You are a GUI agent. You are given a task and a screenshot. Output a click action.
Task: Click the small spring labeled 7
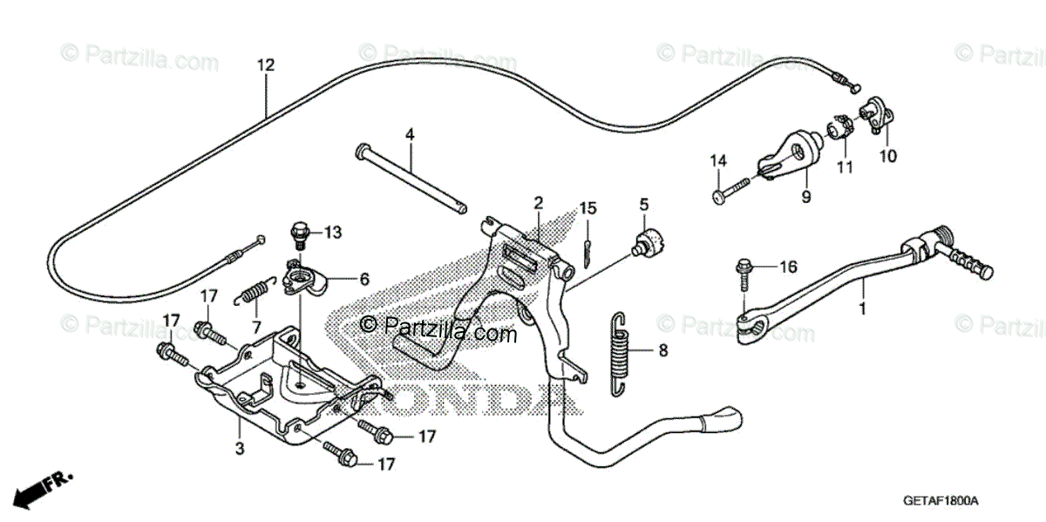coord(253,289)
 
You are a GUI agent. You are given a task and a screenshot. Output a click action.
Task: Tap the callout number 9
coord(805,198)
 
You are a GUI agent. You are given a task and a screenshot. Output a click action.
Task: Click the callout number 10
coord(887,157)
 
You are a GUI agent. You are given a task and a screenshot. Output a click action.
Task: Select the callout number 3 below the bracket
coord(240,449)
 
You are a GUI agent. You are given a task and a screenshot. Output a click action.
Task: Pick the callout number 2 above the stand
coord(538,203)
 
